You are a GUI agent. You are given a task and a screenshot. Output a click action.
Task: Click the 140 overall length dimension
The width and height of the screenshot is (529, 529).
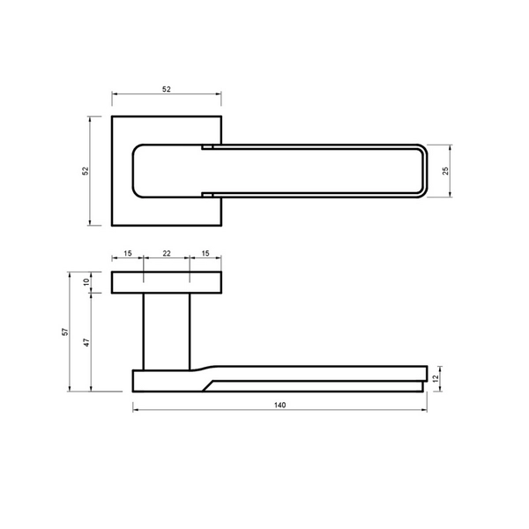click(280, 405)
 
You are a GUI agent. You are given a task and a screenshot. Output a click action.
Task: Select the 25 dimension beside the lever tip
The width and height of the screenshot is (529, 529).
click(445, 171)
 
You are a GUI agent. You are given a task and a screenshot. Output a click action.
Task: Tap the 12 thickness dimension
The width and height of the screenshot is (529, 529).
click(436, 378)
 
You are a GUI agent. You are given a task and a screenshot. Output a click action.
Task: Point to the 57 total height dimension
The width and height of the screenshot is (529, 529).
click(65, 332)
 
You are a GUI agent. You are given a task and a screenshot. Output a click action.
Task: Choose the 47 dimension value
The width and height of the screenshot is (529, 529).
click(86, 342)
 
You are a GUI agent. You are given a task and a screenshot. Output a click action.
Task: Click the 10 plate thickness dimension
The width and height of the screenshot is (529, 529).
click(86, 282)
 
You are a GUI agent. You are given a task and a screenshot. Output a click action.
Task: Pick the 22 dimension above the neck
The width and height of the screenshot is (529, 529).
click(167, 253)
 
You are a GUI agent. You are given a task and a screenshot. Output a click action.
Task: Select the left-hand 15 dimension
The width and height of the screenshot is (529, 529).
click(128, 253)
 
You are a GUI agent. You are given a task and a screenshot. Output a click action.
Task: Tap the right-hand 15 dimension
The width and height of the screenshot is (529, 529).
click(205, 253)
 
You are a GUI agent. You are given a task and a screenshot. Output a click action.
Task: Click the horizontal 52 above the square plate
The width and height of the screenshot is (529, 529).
click(167, 89)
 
